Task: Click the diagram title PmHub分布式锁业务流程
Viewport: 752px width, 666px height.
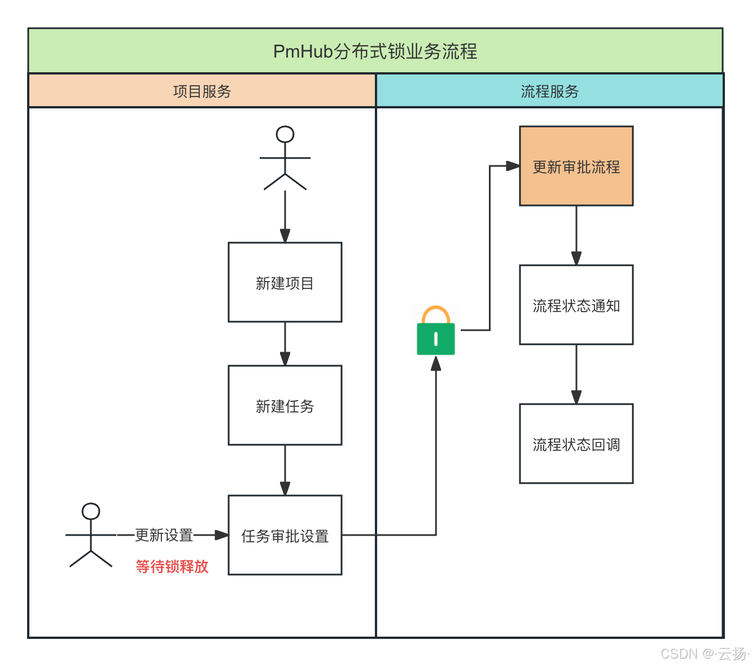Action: (375, 51)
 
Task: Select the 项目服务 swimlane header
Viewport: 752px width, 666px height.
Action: (202, 91)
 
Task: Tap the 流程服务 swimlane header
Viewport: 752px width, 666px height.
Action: (549, 91)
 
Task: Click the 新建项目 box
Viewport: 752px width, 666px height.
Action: (285, 282)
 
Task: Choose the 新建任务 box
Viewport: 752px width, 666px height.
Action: (285, 405)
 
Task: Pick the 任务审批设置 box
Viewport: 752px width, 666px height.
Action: (285, 535)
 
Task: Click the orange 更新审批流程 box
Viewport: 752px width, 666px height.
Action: (576, 166)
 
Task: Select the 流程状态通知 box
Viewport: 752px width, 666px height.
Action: (576, 305)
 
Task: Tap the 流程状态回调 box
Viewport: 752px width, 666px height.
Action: (576, 444)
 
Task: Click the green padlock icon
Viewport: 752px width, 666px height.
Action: (436, 338)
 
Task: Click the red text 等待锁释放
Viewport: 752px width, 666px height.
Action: (172, 566)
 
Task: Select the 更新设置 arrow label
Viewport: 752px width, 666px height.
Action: (164, 534)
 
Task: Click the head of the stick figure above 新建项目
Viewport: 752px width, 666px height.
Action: (285, 134)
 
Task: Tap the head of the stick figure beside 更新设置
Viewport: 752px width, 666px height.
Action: (91, 511)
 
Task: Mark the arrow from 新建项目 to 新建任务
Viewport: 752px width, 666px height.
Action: (285, 344)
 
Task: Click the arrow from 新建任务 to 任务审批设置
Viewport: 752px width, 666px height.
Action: (285, 470)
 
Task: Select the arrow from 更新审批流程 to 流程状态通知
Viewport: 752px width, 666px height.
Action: (576, 235)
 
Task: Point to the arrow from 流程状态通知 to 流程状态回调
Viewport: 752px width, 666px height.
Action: (576, 374)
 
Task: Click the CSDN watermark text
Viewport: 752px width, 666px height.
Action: (703, 653)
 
